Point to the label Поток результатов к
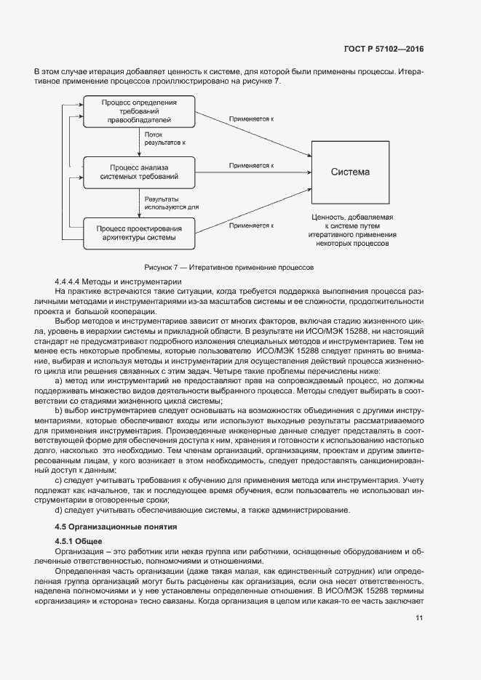tap(164, 138)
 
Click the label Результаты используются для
tap(171, 202)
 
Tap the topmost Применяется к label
tap(251, 118)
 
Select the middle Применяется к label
tap(251, 166)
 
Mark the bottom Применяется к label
tap(251, 225)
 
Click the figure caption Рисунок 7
tap(228, 267)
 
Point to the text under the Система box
tap(352, 231)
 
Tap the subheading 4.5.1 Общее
tap(79, 541)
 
